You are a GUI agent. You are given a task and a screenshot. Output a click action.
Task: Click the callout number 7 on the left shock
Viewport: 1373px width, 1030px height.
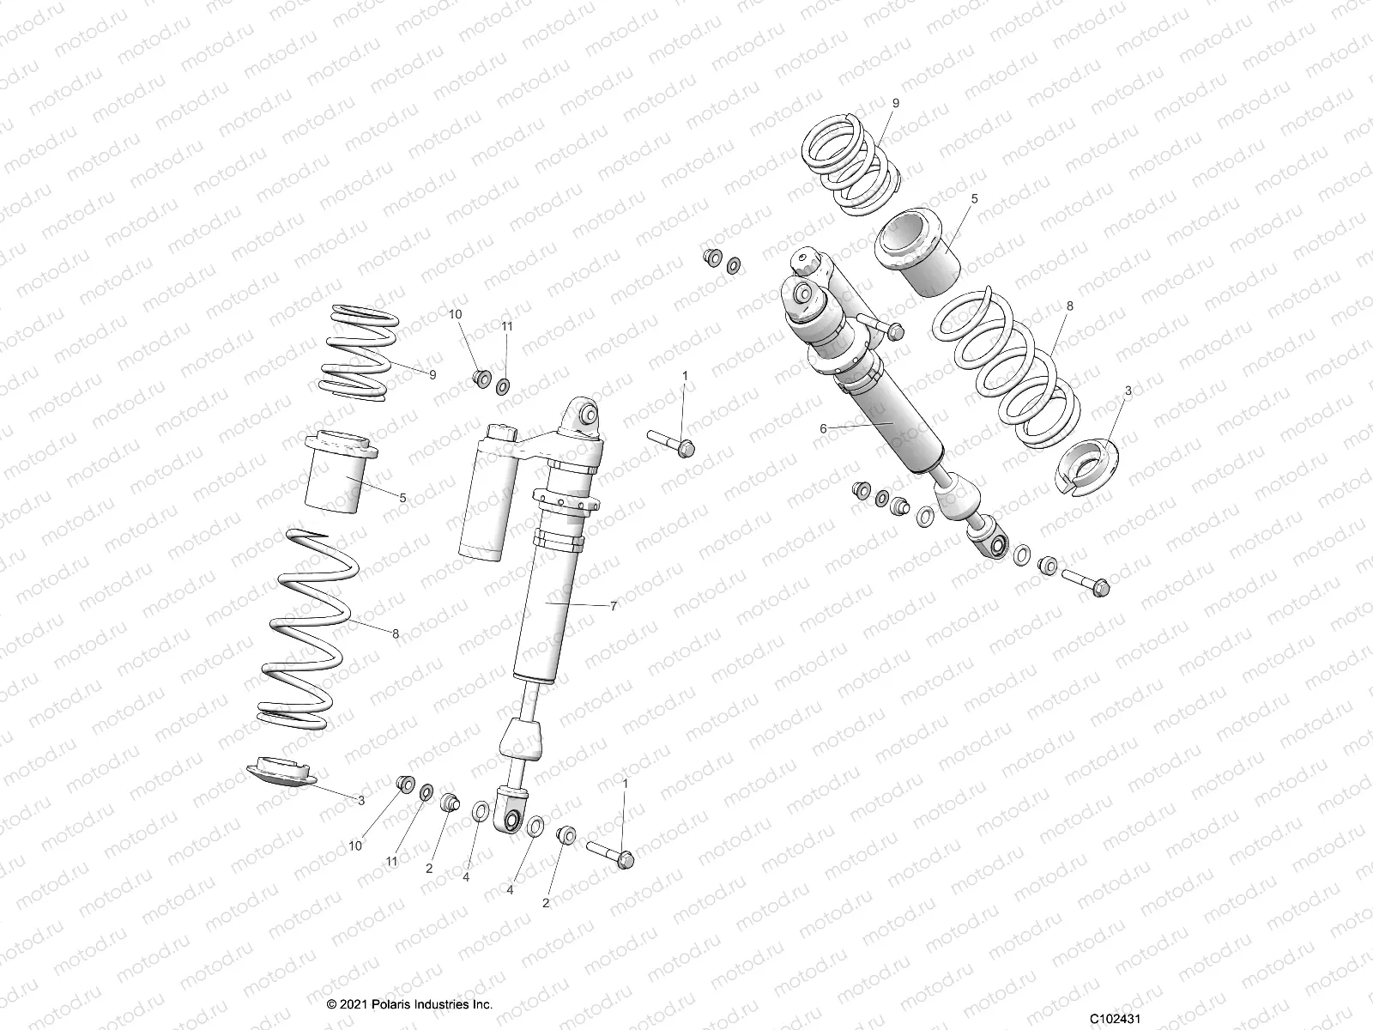point(614,606)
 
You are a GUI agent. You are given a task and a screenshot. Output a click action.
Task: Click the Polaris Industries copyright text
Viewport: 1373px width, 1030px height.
point(409,1004)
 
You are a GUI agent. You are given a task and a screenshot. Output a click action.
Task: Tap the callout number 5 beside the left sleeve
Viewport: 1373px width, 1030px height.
point(402,497)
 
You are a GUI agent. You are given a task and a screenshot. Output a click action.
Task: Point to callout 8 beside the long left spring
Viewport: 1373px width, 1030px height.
point(395,634)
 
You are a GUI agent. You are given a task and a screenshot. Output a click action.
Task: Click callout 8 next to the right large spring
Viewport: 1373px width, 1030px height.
point(1069,306)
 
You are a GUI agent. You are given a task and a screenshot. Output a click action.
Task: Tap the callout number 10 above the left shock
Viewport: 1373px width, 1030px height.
point(455,314)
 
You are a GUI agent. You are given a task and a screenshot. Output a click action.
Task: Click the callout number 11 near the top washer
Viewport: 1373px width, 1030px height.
point(506,326)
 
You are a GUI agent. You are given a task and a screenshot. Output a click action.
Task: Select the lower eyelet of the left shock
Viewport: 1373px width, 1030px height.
point(511,821)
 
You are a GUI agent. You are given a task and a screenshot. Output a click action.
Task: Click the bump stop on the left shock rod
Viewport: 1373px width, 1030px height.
point(522,738)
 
